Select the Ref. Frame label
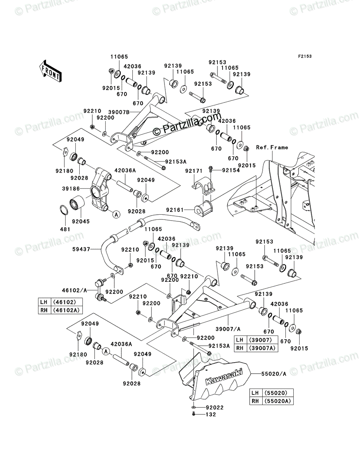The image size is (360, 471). [272, 148]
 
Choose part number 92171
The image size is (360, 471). [194, 171]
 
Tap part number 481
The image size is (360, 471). [65, 228]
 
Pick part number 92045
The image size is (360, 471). [81, 221]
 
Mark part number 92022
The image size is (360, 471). [215, 408]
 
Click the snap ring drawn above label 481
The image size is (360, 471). [65, 210]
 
